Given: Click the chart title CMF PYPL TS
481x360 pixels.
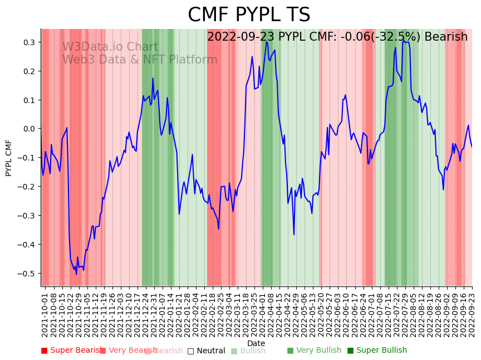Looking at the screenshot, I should (x=249, y=15).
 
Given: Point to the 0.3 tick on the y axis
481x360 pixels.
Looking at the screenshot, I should (x=30, y=42).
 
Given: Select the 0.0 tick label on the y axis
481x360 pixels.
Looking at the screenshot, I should (x=30, y=129).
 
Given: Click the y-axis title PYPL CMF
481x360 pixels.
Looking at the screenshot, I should (x=9, y=158).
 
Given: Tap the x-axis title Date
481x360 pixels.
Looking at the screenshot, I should (x=256, y=343).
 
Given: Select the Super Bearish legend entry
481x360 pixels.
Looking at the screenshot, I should (x=71, y=351).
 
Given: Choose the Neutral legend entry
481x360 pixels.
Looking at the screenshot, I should (x=207, y=351).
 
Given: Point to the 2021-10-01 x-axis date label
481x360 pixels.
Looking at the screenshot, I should (x=45, y=315).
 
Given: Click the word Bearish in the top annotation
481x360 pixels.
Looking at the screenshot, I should (x=446, y=37).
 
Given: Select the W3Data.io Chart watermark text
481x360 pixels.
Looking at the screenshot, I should (x=110, y=47).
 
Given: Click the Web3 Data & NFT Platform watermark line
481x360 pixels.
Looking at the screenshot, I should (x=140, y=60).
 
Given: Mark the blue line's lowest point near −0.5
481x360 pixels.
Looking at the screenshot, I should (x=77, y=274).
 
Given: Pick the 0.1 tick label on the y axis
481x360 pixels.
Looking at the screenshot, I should (x=30, y=100).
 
